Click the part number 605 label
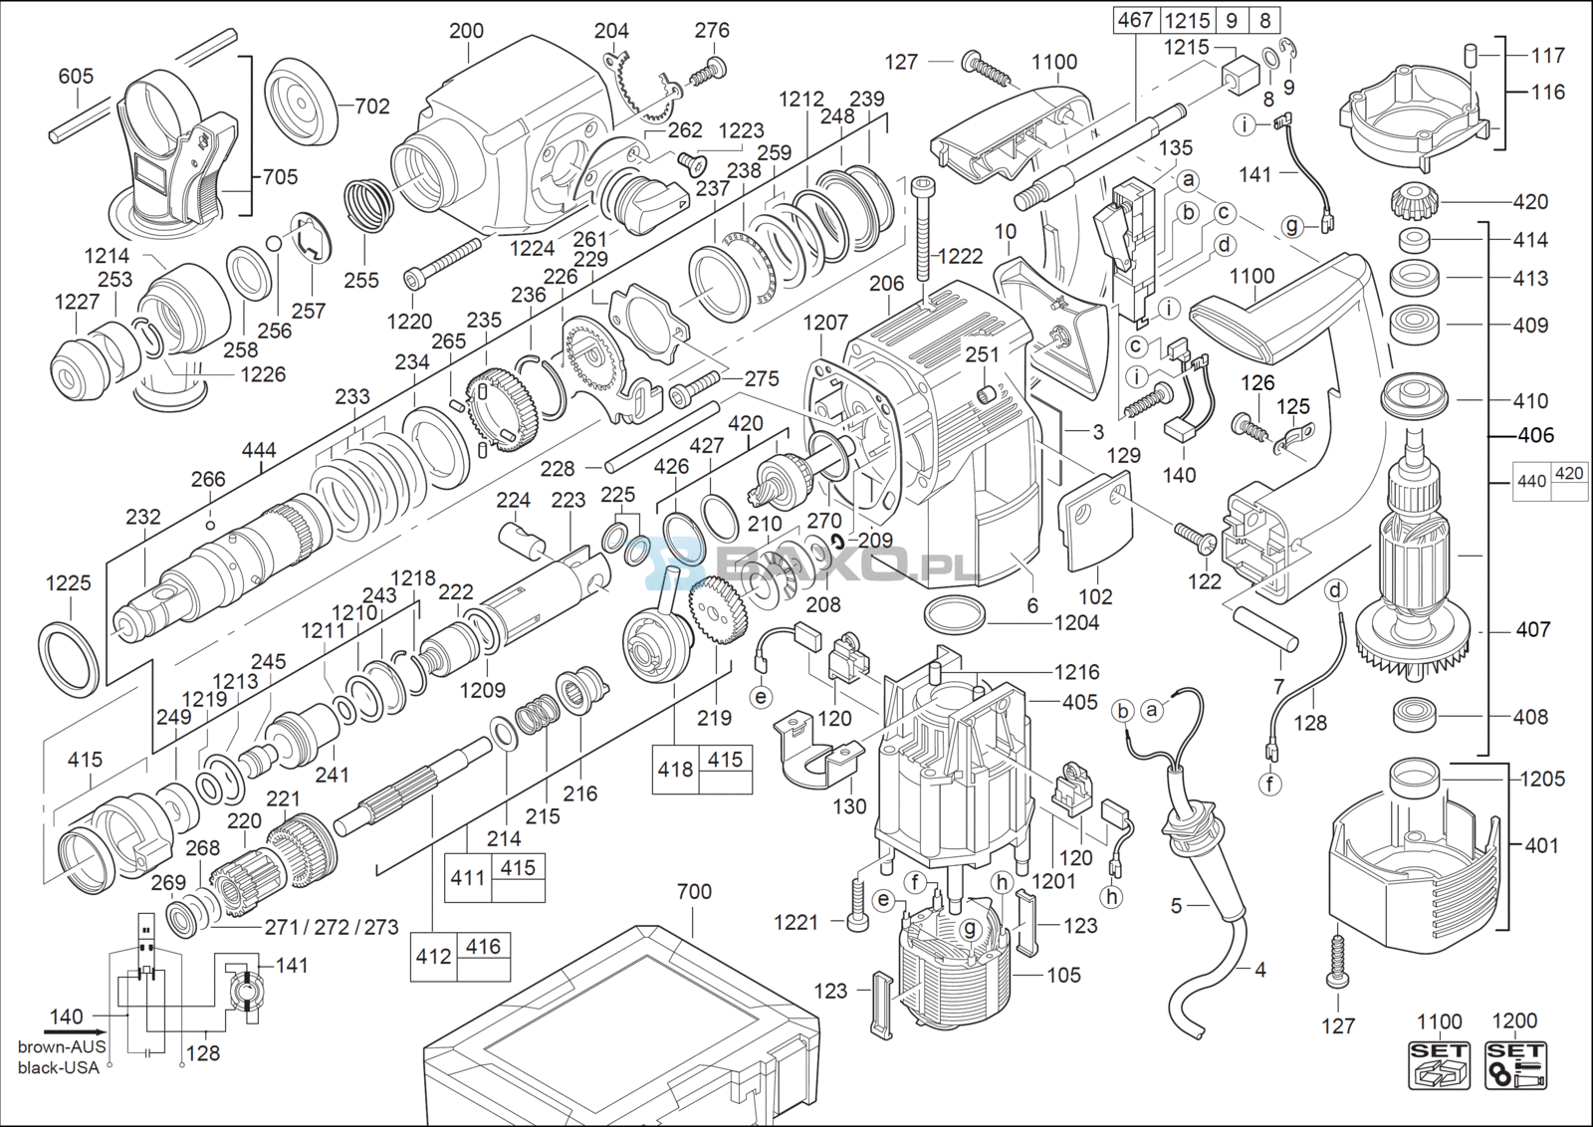(x=76, y=76)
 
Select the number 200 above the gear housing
(x=466, y=31)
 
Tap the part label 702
(x=371, y=106)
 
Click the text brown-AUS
(x=62, y=1046)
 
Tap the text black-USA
(x=59, y=1067)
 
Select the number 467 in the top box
(x=1135, y=19)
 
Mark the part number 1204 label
(x=1077, y=622)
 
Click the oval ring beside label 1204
(x=955, y=614)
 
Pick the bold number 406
(x=1535, y=435)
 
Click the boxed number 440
(x=1531, y=482)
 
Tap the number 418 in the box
(x=675, y=770)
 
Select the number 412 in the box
(x=433, y=957)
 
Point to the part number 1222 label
(x=960, y=256)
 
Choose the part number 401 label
(x=1541, y=845)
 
